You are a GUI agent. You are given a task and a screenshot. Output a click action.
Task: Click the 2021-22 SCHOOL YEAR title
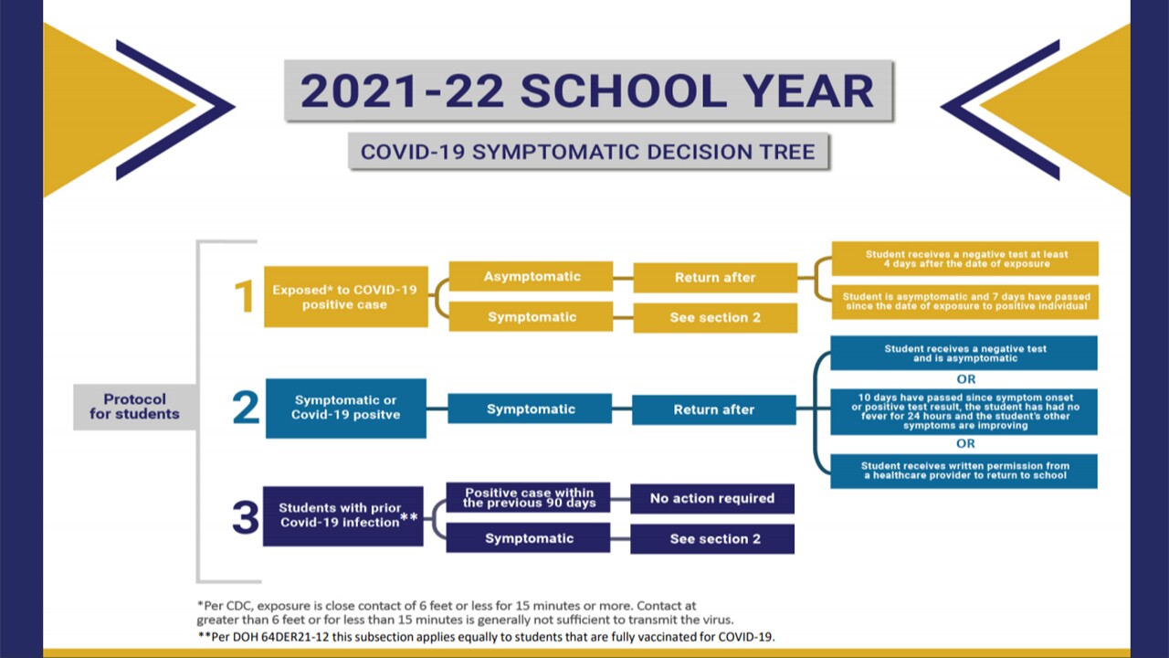coord(587,91)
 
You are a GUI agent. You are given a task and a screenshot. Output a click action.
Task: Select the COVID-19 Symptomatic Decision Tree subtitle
coord(587,152)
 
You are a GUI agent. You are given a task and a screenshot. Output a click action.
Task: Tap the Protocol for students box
coord(134,407)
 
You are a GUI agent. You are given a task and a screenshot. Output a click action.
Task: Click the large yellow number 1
coord(243,297)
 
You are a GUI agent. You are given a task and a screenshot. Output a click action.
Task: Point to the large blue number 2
coord(246,408)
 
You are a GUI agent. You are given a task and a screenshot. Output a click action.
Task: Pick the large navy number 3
coord(245,517)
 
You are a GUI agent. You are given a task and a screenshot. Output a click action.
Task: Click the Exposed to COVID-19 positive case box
coord(345,297)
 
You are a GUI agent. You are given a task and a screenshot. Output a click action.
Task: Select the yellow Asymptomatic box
coord(532,277)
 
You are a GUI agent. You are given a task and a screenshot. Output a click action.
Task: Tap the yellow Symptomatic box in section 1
coord(532,317)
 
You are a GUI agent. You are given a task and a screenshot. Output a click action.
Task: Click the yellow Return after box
coord(715,278)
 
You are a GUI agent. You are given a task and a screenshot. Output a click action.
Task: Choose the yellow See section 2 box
coord(715,318)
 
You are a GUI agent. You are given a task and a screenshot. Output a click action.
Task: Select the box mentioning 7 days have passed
coord(964,302)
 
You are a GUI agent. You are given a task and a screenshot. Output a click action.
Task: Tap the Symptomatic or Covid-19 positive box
coord(345,408)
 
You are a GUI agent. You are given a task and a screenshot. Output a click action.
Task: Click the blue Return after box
coord(713,409)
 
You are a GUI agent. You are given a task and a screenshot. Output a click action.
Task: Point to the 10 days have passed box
coord(964,411)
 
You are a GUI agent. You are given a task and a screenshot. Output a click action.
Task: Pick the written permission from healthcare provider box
coord(964,471)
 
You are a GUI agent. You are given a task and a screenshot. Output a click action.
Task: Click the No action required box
coord(711,498)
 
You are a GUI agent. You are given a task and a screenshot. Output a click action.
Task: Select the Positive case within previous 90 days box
coord(528,498)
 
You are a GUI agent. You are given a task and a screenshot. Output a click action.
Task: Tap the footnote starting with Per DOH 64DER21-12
coord(486,637)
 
